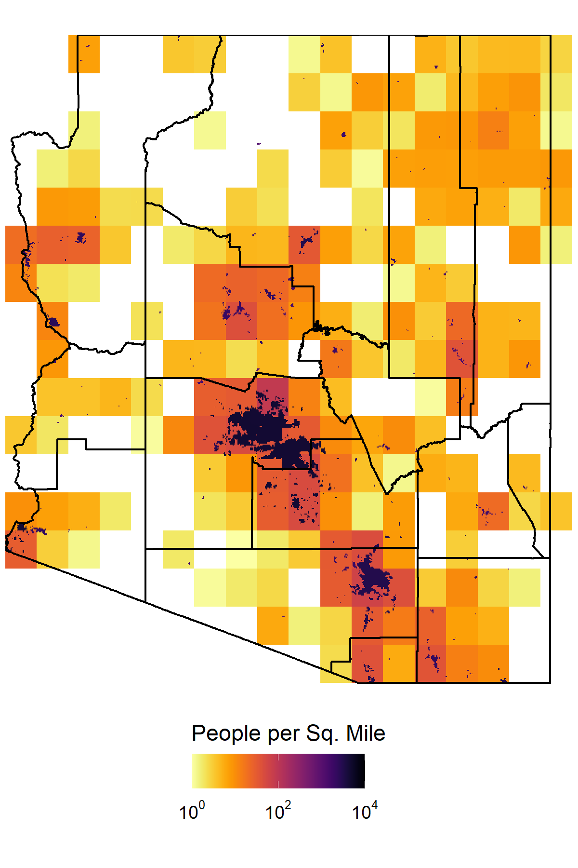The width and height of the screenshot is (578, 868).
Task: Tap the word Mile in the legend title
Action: point(366,734)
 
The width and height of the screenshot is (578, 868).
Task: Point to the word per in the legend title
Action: point(281,734)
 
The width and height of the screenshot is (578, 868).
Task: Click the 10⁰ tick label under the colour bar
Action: point(192,812)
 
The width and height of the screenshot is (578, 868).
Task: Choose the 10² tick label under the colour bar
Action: point(278,812)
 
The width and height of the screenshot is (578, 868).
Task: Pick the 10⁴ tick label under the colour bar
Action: point(365,812)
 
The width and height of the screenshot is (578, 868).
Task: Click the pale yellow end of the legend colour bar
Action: point(195,771)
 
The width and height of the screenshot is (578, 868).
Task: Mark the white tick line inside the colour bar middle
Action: point(278,771)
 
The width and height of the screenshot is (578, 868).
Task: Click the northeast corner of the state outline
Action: point(550,36)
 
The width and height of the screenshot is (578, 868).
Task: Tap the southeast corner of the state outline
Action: point(550,682)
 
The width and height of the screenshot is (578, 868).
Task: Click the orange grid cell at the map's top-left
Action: point(84,54)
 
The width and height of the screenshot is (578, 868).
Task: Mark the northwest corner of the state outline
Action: point(78,36)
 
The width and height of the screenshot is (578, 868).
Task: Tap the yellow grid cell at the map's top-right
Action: point(562,54)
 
